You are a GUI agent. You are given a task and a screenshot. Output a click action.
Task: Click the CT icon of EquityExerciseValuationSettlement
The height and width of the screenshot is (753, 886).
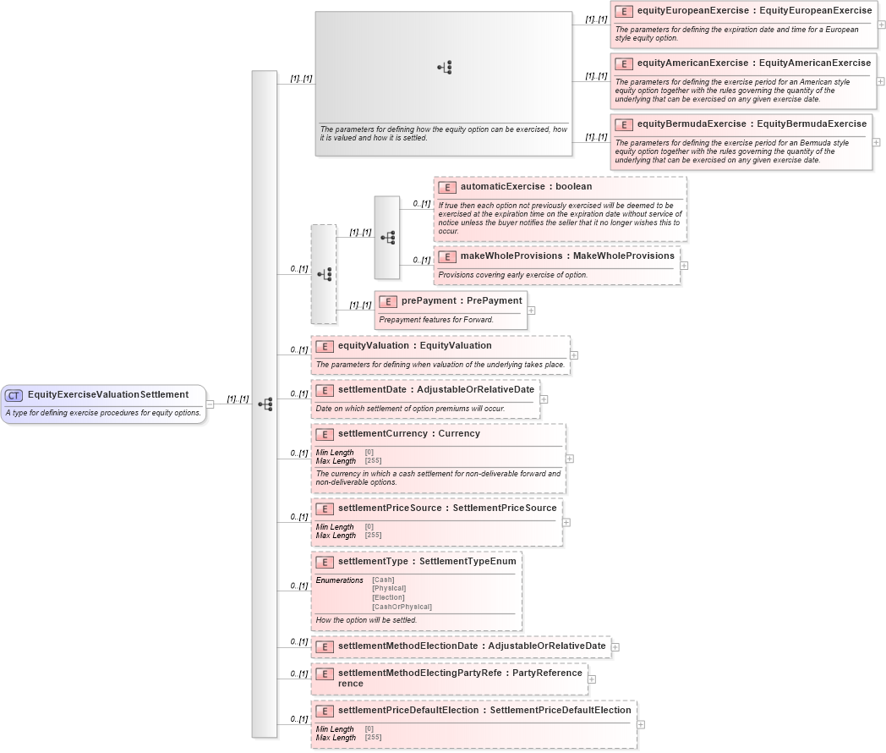[14, 395]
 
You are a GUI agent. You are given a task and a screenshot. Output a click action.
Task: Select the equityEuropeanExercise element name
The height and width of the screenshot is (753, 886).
[754, 11]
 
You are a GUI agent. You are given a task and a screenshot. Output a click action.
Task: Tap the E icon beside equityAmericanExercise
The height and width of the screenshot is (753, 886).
[623, 63]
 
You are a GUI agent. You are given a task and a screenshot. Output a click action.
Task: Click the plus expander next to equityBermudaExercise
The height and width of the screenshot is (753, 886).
[876, 142]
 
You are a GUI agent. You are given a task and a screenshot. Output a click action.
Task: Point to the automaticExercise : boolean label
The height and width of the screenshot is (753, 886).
[526, 186]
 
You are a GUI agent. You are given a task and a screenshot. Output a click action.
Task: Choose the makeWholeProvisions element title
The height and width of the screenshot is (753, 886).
[567, 256]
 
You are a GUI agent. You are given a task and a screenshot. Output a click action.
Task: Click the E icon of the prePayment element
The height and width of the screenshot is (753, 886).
[388, 301]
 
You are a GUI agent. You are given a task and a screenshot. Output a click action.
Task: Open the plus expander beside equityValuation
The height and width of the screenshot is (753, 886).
[574, 355]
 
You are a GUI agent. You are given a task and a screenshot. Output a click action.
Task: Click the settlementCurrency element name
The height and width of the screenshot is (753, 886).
[408, 434]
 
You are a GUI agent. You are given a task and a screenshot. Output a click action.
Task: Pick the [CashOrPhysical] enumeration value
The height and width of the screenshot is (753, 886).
[402, 607]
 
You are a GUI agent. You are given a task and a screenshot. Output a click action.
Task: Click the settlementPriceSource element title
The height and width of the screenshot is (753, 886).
[447, 508]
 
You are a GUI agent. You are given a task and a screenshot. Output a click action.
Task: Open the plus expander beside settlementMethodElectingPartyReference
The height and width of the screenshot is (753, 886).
[592, 679]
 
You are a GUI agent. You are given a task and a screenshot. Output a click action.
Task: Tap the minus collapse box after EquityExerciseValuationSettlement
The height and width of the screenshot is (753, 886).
[210, 404]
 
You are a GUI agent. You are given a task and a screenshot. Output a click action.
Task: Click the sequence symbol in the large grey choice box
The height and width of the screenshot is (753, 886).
[445, 68]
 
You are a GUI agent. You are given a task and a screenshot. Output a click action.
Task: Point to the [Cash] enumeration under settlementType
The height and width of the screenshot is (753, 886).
[383, 580]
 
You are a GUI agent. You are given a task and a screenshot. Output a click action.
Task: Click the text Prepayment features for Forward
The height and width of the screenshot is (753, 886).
[436, 320]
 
